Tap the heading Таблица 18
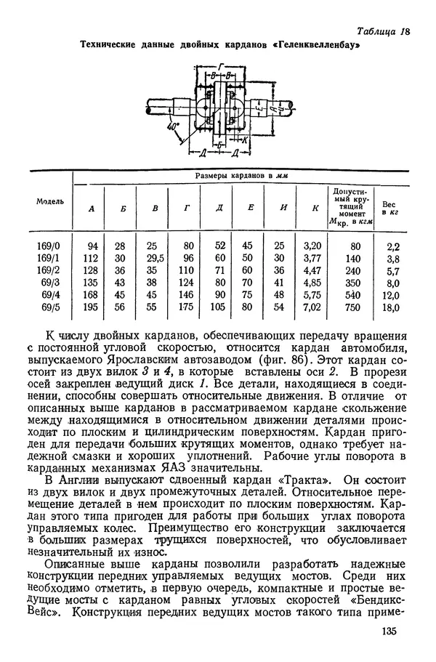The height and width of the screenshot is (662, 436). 384,31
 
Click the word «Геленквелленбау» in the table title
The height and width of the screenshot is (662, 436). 316,46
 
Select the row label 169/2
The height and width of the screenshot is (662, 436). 50,270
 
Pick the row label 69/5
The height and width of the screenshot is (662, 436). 50,307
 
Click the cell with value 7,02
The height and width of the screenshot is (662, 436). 311,307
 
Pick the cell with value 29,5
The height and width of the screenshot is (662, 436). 154,257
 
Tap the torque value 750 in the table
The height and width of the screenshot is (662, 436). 352,307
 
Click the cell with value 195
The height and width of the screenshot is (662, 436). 90,307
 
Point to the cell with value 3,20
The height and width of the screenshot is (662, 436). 311,246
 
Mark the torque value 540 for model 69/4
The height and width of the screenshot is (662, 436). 352,294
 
